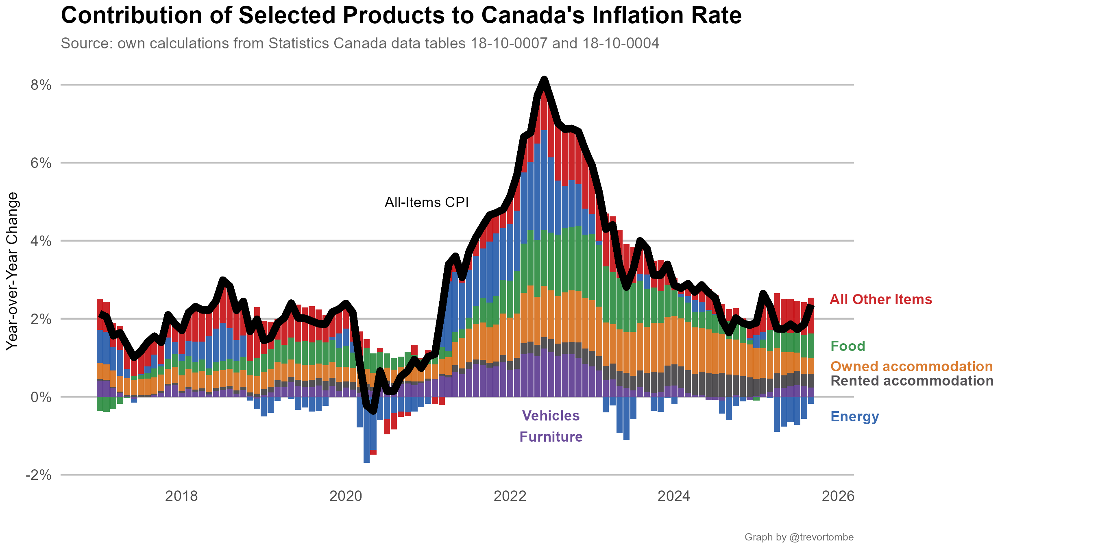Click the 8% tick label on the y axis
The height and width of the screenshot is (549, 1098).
[41, 85]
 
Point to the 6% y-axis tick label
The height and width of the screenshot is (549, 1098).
[41, 163]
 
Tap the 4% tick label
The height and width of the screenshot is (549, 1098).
[41, 241]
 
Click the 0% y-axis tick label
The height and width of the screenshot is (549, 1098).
[41, 397]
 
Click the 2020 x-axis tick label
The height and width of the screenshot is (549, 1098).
[345, 496]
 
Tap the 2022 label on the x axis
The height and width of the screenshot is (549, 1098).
[510, 496]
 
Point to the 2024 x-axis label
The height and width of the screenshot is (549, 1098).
[673, 496]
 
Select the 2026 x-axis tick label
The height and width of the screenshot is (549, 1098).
[838, 496]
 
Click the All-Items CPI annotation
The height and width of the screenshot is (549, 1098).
[426, 202]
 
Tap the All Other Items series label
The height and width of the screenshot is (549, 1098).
[880, 300]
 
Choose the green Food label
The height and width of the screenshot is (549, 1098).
[848, 346]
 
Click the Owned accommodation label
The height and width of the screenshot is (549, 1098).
[911, 366]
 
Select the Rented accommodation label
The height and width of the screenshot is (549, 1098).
[912, 381]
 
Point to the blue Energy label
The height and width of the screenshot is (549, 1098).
[855, 416]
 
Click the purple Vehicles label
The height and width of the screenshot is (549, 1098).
[551, 416]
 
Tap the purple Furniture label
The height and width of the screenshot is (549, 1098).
[551, 437]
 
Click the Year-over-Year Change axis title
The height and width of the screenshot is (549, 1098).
[12, 271]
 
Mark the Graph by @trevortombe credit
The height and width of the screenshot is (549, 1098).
[799, 537]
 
